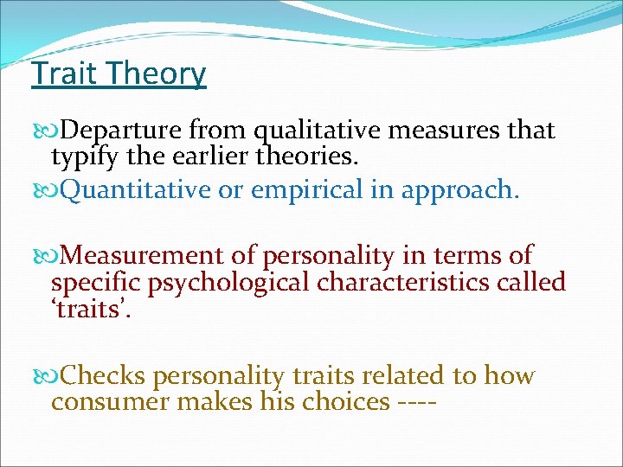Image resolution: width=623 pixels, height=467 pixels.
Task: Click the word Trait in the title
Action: click(61, 74)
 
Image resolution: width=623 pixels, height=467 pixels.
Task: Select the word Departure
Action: click(123, 131)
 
